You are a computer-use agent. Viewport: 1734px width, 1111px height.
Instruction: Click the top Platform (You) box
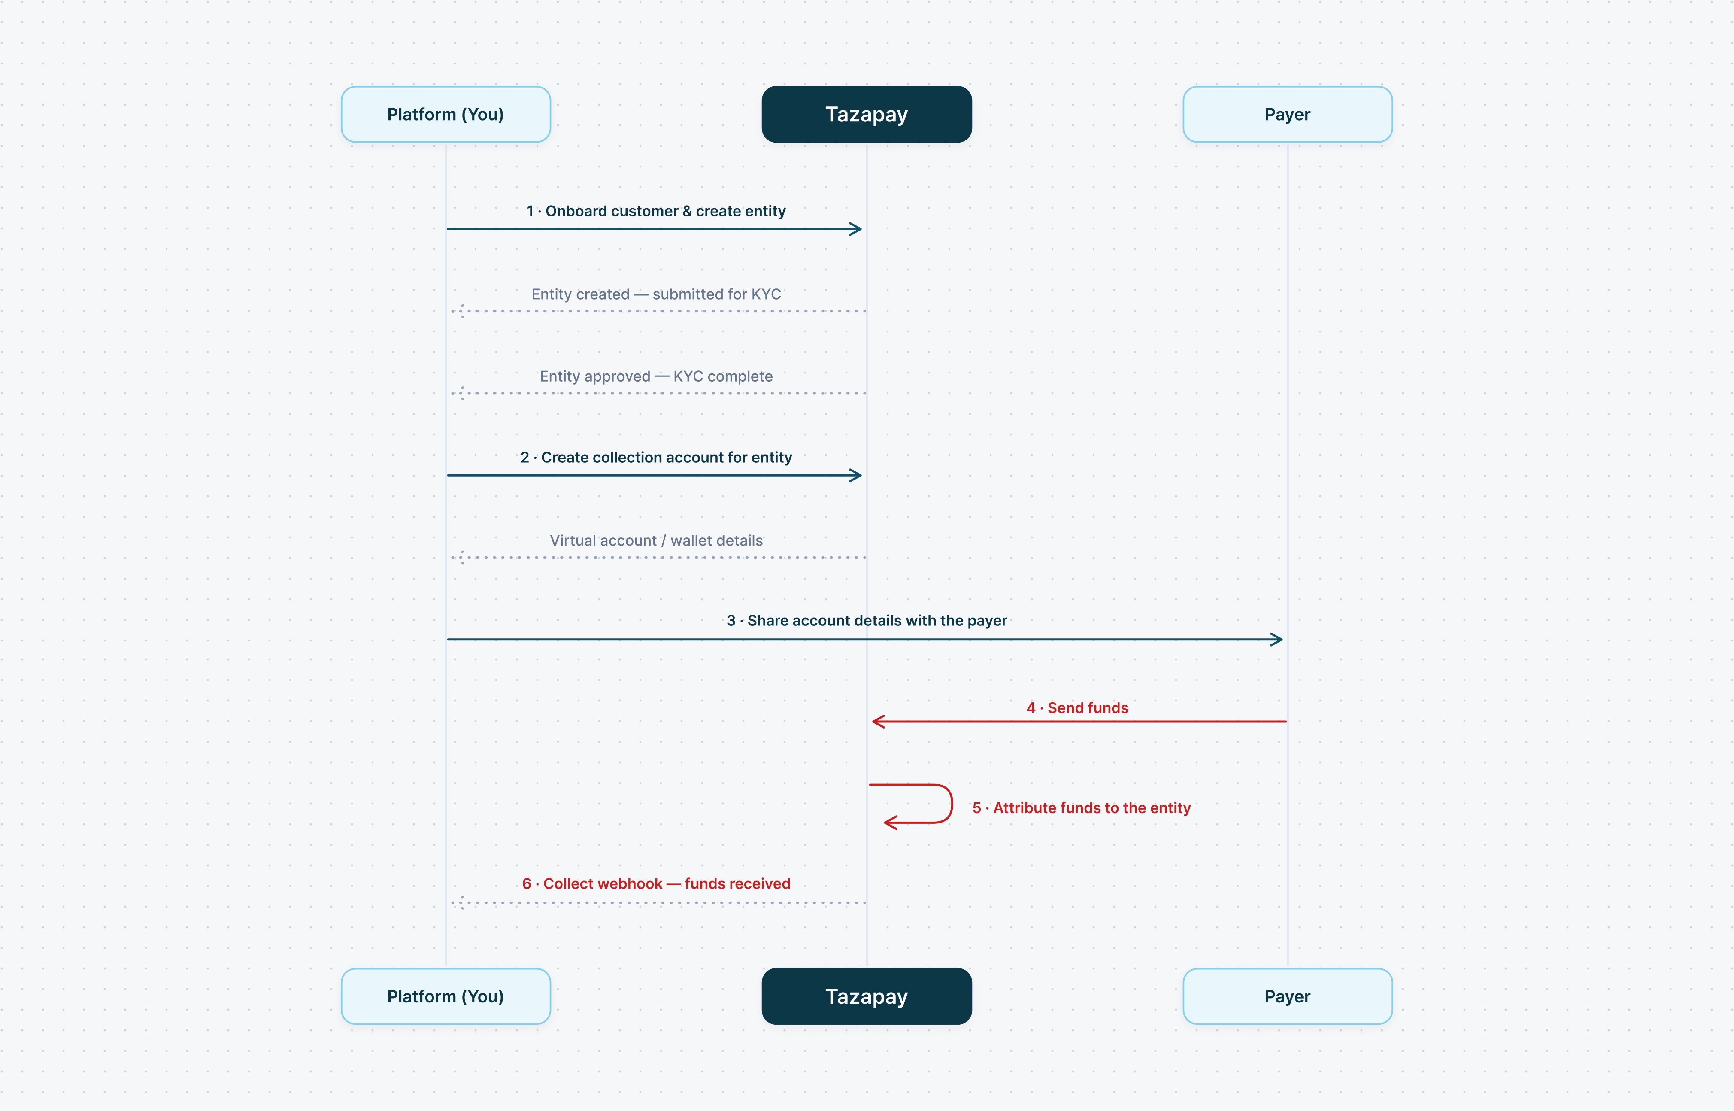click(446, 114)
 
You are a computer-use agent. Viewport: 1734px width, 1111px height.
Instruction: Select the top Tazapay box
click(866, 114)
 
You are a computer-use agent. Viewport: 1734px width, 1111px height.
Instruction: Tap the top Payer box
click(1288, 114)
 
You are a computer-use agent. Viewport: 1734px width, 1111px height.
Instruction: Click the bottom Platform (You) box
click(446, 996)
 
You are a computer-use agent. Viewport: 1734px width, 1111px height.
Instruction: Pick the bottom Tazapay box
click(866, 996)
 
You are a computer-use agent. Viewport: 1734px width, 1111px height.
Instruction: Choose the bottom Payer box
click(1288, 996)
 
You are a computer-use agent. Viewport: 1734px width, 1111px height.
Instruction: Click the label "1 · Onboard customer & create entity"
click(656, 211)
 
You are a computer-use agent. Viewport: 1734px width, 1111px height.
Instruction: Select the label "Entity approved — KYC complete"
click(656, 376)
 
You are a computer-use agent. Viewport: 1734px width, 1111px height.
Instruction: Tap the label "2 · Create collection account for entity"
click(656, 457)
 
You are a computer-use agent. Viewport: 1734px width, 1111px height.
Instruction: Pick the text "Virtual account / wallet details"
click(656, 540)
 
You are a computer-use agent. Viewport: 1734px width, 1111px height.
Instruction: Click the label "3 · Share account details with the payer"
click(866, 620)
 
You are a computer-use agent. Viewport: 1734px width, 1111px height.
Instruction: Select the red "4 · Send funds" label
click(1077, 708)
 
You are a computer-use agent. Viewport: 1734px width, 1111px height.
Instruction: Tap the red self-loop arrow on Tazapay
click(952, 803)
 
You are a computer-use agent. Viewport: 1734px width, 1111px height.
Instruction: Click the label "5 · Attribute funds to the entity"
click(1081, 808)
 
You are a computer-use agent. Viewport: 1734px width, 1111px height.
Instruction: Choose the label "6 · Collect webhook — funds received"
click(656, 884)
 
